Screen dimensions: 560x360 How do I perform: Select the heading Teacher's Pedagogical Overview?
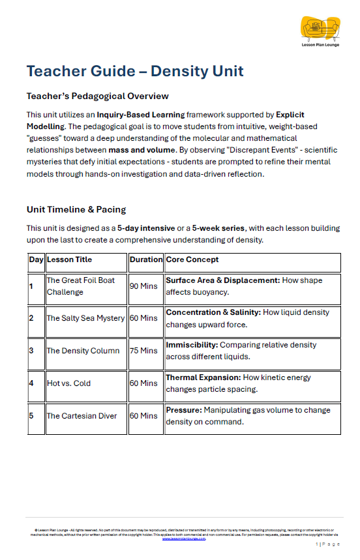[97, 96]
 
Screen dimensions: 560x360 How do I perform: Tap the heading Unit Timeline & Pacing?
[76, 209]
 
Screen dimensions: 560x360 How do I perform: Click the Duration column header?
[146, 259]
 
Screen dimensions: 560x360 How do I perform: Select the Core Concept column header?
[192, 259]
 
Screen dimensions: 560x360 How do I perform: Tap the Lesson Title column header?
[69, 259]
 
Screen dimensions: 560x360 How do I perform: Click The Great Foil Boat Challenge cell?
[80, 286]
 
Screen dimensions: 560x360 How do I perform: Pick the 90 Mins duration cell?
[143, 286]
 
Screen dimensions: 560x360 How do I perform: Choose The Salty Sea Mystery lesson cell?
[85, 318]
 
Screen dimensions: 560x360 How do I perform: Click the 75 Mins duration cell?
[143, 350]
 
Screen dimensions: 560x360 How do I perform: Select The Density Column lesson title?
[83, 350]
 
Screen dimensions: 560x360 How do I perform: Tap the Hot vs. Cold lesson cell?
[68, 383]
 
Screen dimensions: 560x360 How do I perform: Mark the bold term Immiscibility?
[192, 345]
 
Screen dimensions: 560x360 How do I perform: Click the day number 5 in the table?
[31, 415]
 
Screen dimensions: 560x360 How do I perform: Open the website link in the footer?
[184, 538]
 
